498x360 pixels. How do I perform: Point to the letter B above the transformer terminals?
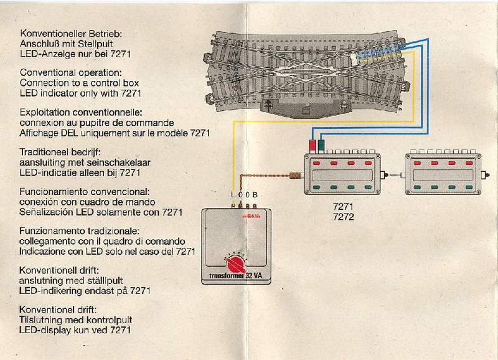tap(255, 195)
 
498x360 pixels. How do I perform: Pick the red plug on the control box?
tap(312, 146)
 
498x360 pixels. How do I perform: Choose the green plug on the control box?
tap(322, 146)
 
